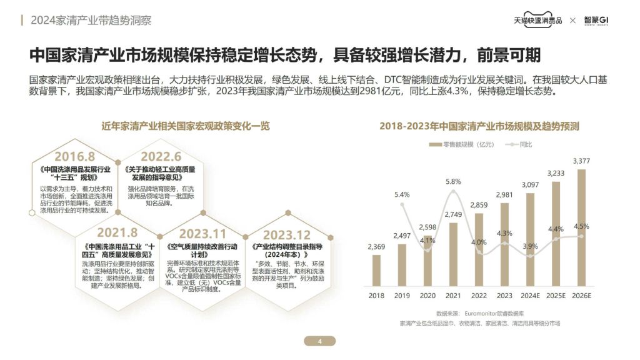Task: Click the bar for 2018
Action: [x=376, y=270]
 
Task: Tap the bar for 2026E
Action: [x=581, y=227]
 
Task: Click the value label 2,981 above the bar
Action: [x=504, y=195]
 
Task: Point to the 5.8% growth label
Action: [x=453, y=181]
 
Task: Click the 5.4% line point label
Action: [x=402, y=194]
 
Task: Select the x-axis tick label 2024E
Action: [x=530, y=296]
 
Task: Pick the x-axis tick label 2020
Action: [x=427, y=296]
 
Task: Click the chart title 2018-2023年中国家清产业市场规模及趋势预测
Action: [x=479, y=126]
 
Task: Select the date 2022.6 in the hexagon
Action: [x=161, y=156]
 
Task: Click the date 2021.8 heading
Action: [x=117, y=233]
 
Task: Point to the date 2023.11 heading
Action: [x=202, y=234]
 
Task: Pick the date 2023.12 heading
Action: [x=287, y=234]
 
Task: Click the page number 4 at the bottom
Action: [x=319, y=341]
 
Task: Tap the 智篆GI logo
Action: [x=596, y=20]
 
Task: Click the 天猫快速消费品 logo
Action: [x=538, y=20]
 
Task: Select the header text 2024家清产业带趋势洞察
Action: [x=91, y=21]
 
